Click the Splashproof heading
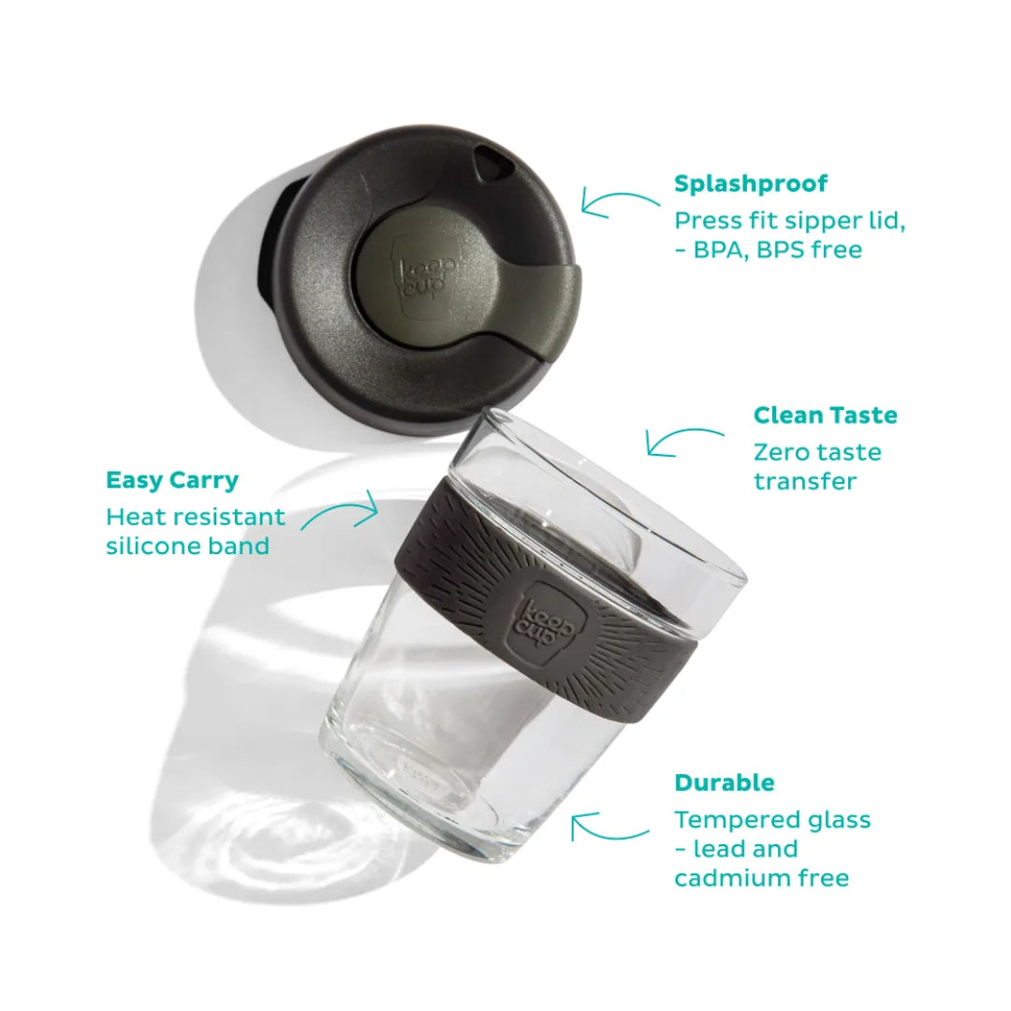coord(751,183)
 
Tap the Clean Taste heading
coord(825,415)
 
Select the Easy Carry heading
coord(171,480)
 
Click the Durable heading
coord(725,782)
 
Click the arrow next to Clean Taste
coord(684,441)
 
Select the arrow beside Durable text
coord(609,827)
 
